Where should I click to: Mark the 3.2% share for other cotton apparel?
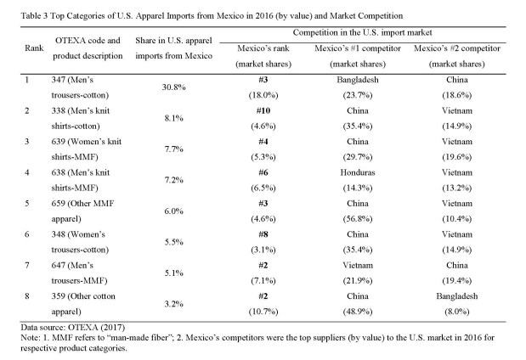click(x=173, y=301)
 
